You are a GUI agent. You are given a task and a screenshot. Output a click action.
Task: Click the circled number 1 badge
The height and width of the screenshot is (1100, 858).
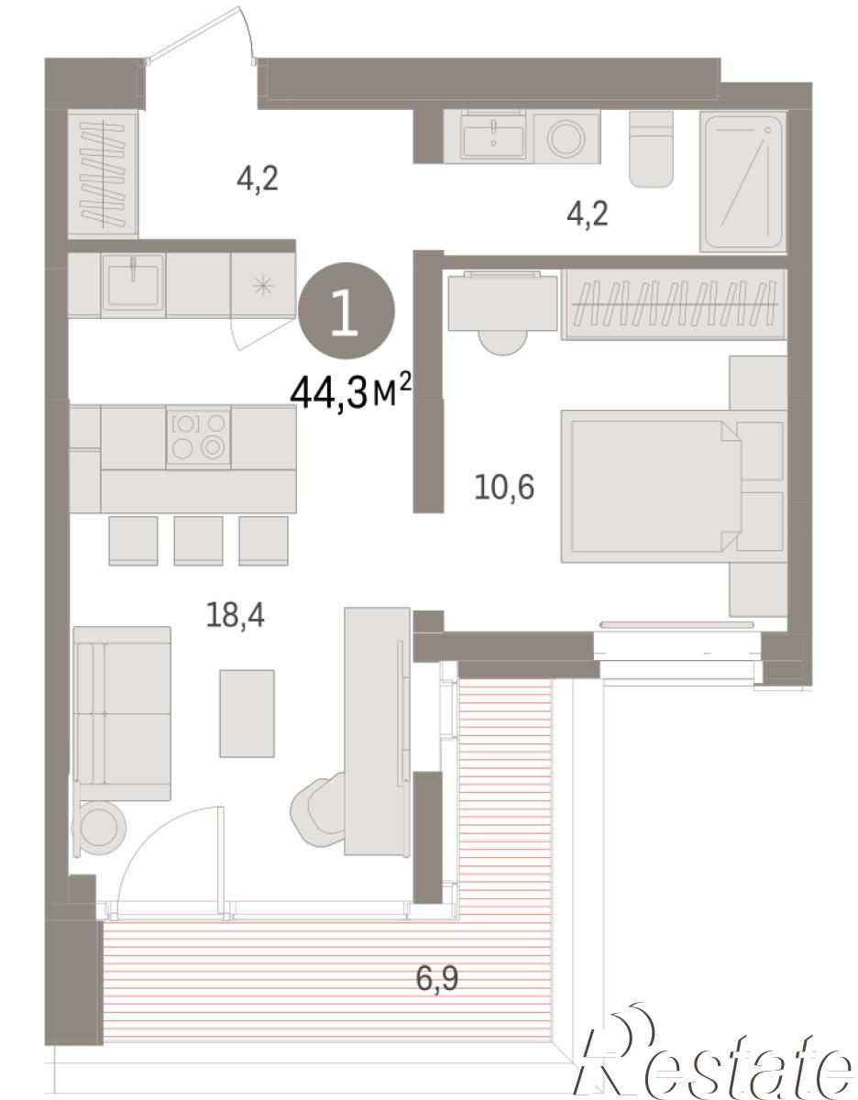click(346, 310)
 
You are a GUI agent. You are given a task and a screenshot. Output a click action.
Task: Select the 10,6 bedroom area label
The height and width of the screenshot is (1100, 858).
click(504, 488)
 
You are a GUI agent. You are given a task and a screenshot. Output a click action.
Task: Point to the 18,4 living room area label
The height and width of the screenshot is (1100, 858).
click(235, 616)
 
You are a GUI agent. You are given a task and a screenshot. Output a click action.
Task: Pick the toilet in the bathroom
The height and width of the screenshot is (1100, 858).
click(651, 148)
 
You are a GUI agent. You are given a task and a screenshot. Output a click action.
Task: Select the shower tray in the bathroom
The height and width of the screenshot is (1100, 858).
click(742, 181)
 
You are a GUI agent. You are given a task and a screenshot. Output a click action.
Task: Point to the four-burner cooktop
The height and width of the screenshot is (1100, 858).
click(198, 436)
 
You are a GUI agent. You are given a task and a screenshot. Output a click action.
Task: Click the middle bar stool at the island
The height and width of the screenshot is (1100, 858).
click(198, 541)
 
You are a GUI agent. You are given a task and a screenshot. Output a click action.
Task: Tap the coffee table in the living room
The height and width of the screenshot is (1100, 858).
click(247, 714)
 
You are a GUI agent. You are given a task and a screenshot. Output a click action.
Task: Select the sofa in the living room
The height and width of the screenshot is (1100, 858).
click(122, 714)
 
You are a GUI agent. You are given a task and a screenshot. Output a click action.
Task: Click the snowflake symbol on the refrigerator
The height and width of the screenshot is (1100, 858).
click(263, 286)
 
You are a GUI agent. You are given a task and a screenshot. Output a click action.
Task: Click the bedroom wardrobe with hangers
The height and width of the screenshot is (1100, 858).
click(674, 303)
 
